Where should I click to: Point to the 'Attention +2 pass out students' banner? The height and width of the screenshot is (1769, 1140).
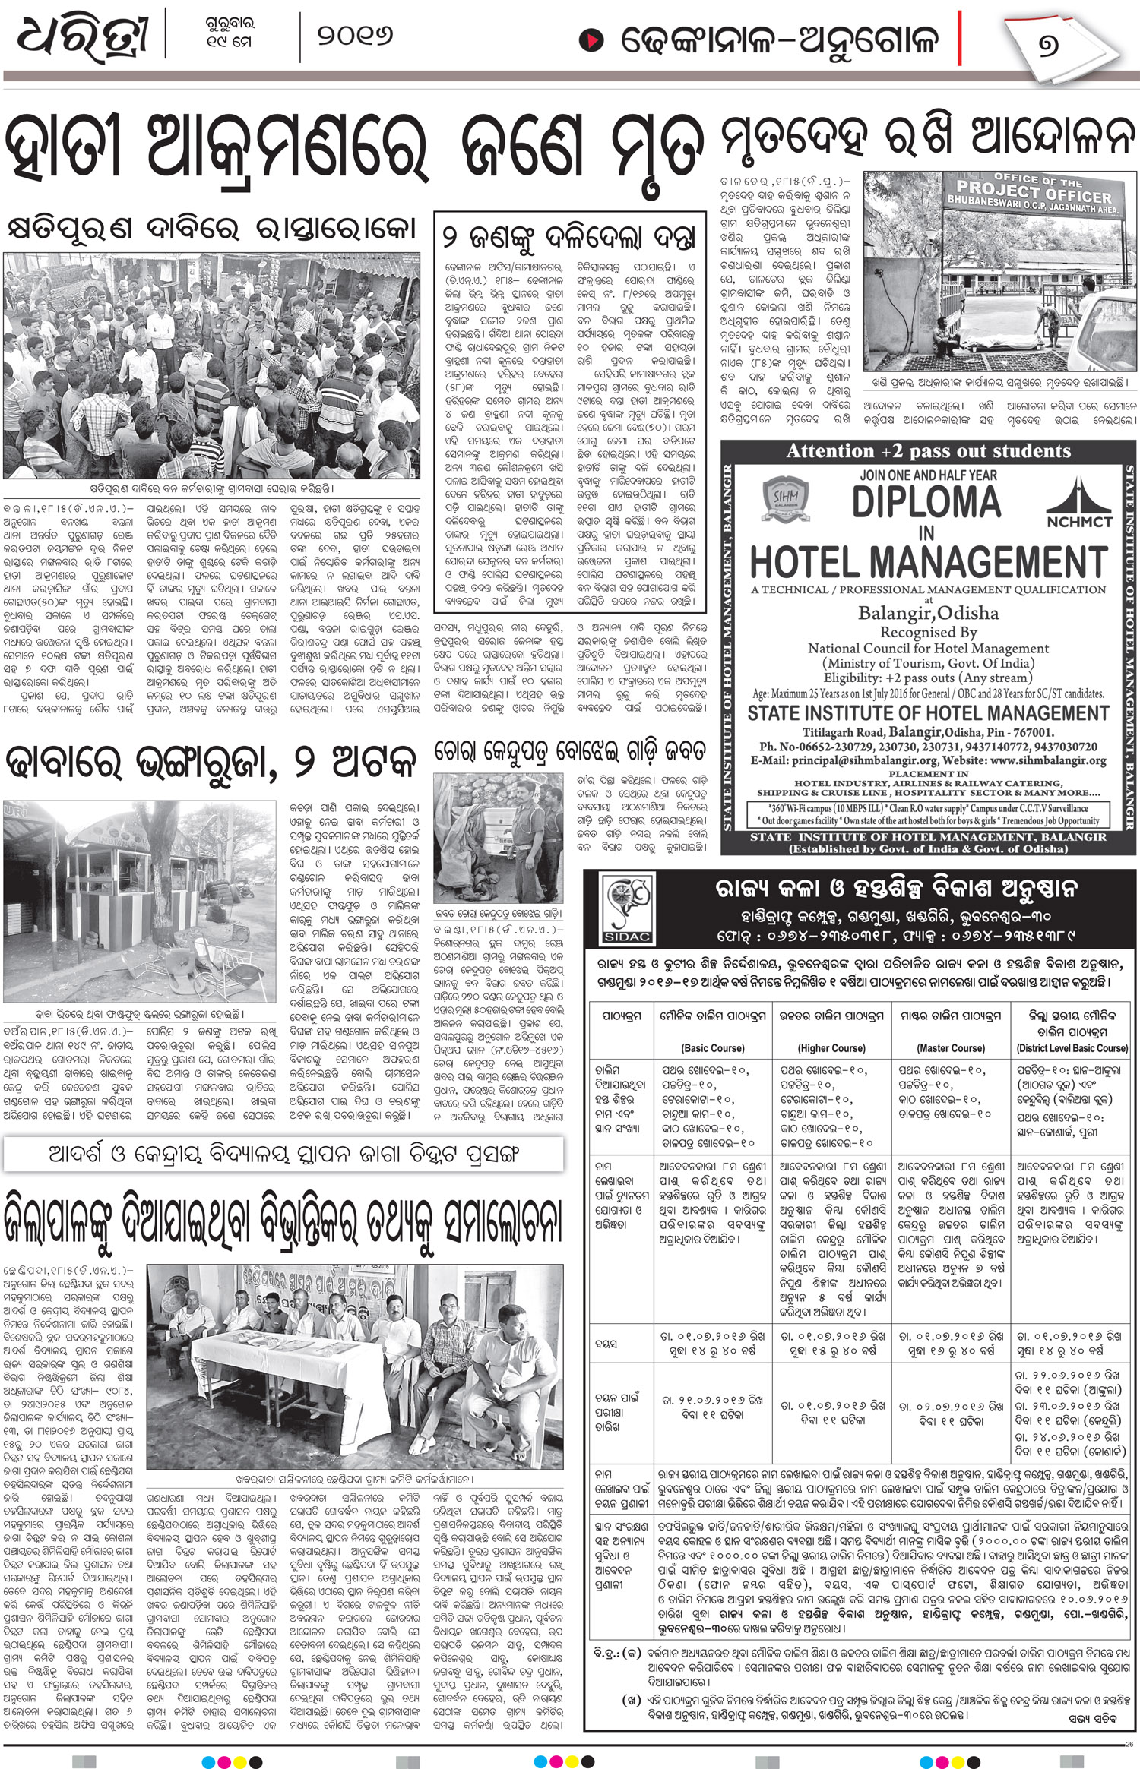928,451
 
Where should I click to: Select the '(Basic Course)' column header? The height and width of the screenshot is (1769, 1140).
713,1048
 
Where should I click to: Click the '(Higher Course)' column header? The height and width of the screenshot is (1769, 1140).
831,1048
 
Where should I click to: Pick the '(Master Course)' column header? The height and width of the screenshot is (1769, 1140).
950,1048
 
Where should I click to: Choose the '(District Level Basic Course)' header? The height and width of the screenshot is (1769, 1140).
1072,1048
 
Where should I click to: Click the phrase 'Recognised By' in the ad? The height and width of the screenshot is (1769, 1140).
928,632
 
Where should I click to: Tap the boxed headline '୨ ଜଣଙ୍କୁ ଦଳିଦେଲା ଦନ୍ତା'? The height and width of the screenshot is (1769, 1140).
569,237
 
